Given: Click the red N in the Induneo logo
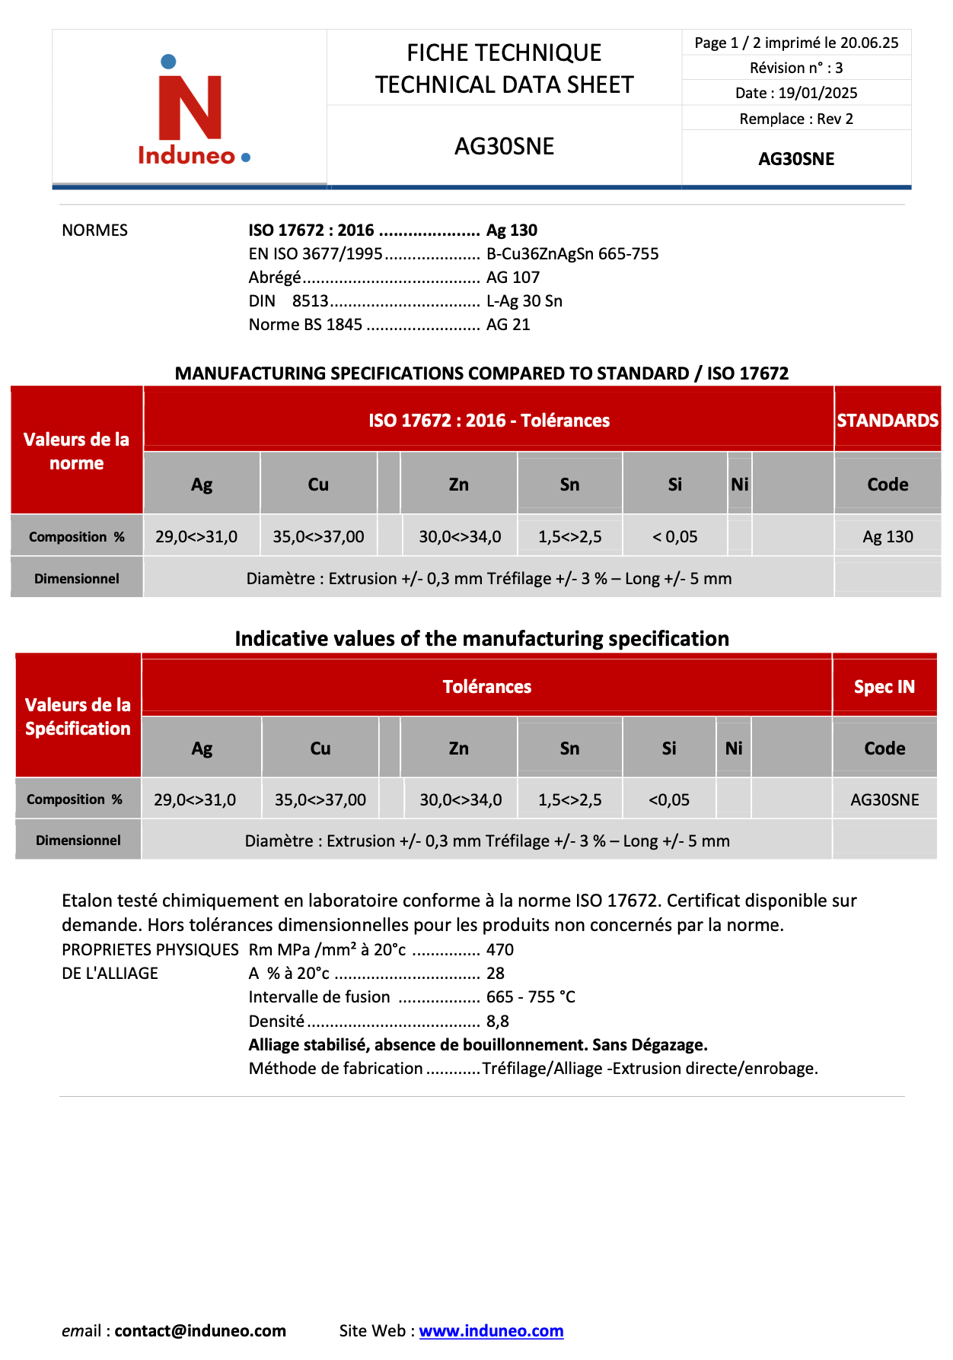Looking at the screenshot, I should [x=190, y=106].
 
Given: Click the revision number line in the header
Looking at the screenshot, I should [x=796, y=68].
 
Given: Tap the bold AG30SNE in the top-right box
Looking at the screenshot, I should [x=796, y=159].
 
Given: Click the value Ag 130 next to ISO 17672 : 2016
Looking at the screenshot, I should [x=512, y=230].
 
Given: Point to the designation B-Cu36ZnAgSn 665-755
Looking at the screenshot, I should [x=572, y=253].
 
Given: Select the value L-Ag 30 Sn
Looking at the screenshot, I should [x=524, y=300].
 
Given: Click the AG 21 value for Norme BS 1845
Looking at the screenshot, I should [x=508, y=324].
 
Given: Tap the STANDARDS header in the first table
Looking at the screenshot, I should [x=888, y=420].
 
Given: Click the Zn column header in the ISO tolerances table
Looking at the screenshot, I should [x=458, y=485].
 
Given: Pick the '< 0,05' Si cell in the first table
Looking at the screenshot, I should [x=674, y=536].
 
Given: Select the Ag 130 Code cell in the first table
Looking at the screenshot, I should [x=888, y=536].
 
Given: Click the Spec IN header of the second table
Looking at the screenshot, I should [x=884, y=687].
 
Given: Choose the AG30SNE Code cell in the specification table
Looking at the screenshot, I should [x=884, y=799].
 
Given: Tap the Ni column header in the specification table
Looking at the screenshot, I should [x=734, y=748].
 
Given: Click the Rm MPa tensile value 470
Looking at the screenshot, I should [x=500, y=949].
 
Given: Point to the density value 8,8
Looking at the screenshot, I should [x=498, y=1021].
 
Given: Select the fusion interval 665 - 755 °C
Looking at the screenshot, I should [x=531, y=996].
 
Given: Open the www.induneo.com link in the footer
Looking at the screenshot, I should [x=491, y=1330].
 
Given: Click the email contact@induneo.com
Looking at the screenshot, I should [x=200, y=1330].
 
